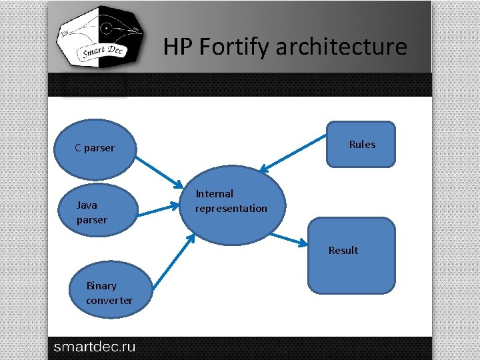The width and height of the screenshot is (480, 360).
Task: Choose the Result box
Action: point(351,256)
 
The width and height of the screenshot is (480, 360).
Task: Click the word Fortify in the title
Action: point(234,47)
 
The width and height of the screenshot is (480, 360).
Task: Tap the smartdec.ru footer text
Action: point(94,347)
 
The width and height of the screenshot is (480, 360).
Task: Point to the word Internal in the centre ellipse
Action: point(214,194)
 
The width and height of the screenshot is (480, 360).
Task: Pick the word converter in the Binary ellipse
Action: point(109,301)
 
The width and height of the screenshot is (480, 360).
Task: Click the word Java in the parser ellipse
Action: point(87,205)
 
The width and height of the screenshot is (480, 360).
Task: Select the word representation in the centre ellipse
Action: point(231,209)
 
